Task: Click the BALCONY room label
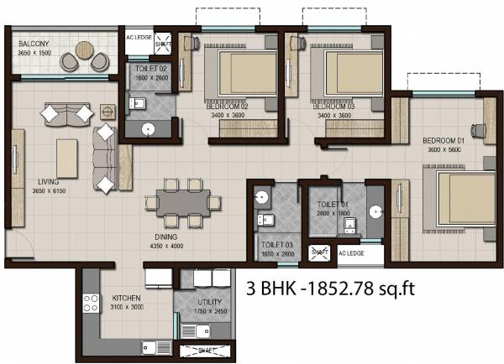pos(33,43)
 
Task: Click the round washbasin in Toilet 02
pos(148,128)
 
